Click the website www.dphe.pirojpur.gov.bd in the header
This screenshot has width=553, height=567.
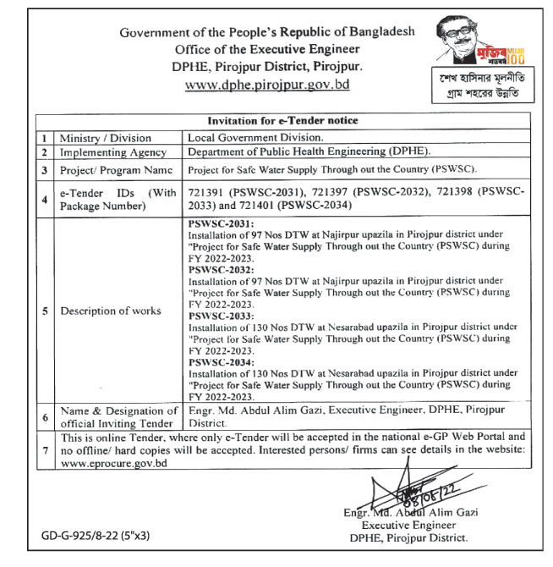coord(266,85)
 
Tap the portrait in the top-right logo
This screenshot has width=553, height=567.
coord(453,38)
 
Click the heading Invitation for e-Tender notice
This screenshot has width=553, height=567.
coord(282,121)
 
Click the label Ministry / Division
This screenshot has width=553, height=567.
coord(106,137)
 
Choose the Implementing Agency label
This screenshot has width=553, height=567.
coord(113,152)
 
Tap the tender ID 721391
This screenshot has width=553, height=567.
coord(206,192)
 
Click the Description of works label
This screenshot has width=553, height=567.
coord(110,311)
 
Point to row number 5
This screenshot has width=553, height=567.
coord(44,311)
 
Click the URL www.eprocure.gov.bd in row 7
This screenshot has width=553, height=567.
coord(114,465)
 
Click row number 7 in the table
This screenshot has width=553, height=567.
coord(44,450)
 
